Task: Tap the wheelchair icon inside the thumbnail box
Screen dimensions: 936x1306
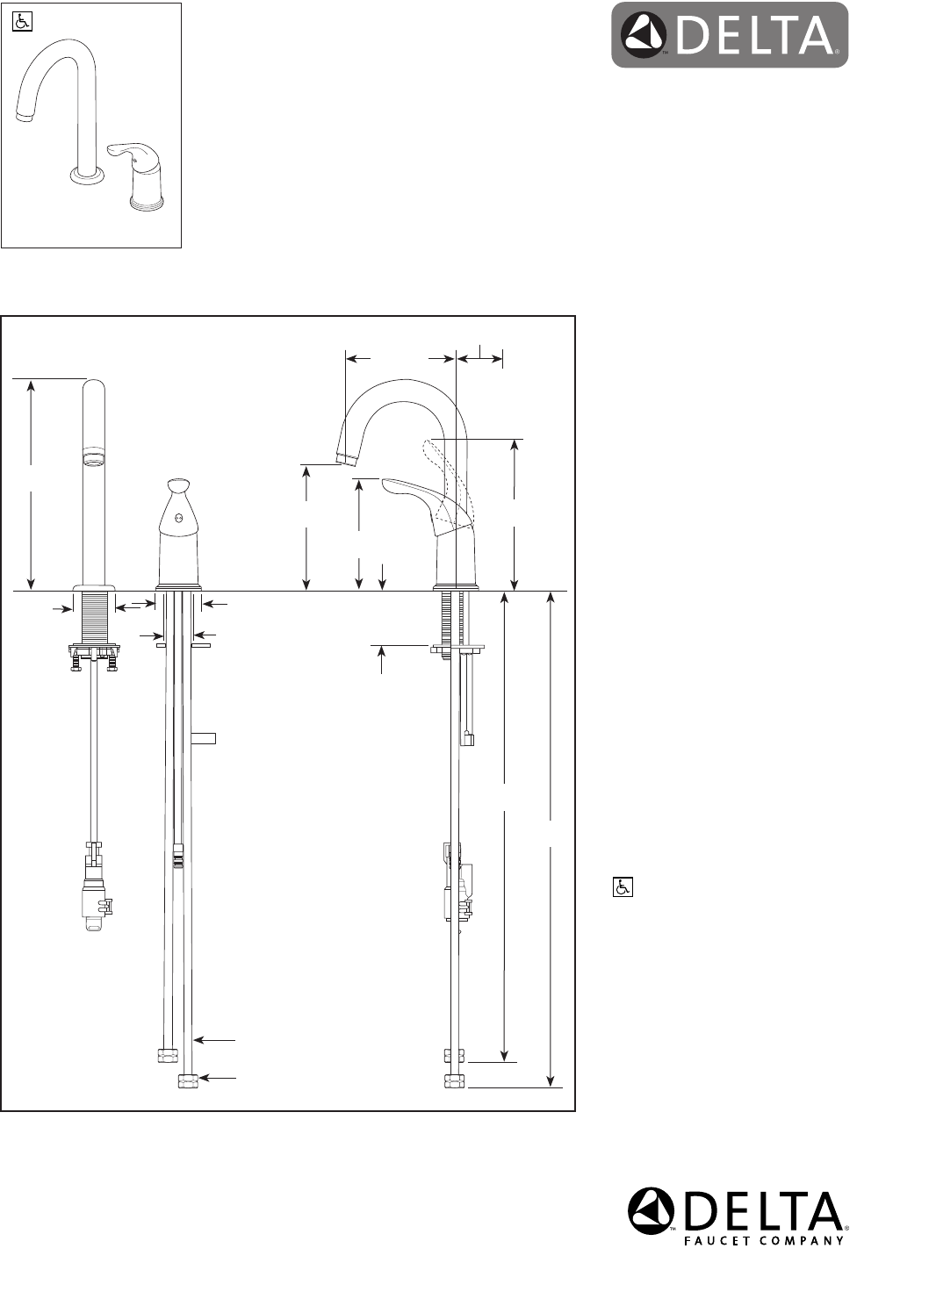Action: point(22,22)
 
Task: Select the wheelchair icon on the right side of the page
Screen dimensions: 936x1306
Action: point(623,887)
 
